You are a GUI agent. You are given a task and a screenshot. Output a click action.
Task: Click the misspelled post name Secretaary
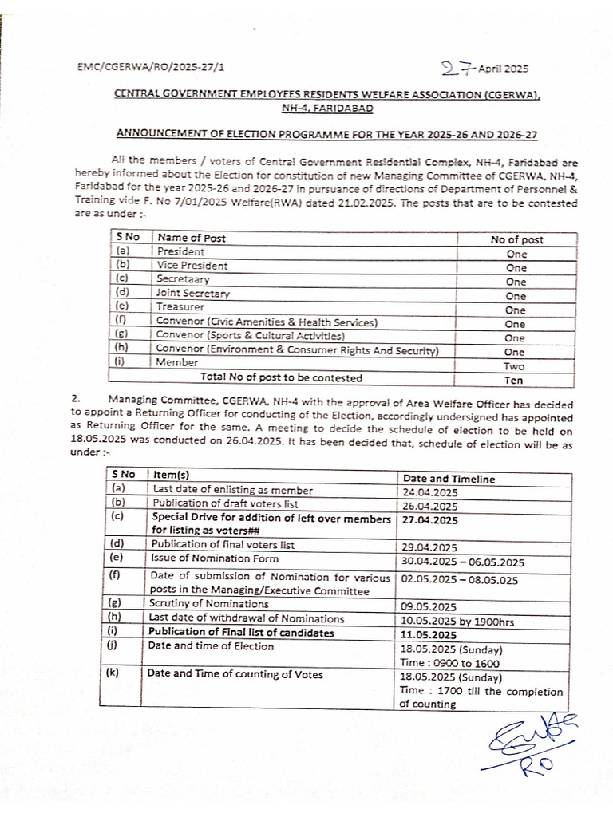pos(183,280)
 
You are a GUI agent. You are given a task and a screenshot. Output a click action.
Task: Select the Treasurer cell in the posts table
pos(180,307)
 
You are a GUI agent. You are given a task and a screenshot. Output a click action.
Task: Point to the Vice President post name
pos(192,266)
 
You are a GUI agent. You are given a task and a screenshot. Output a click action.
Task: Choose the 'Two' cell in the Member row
pos(516,365)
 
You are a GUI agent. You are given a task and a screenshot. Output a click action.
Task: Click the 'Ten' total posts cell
pos(516,380)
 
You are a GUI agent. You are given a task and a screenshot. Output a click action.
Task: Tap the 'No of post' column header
pos(516,239)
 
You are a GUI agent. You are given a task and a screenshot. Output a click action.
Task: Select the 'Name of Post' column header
pos(191,238)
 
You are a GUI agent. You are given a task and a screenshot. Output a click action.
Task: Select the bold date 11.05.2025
pos(429,633)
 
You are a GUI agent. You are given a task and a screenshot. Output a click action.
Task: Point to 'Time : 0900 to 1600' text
pos(450,662)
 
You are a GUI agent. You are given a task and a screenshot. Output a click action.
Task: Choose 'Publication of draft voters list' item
pos(227,505)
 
